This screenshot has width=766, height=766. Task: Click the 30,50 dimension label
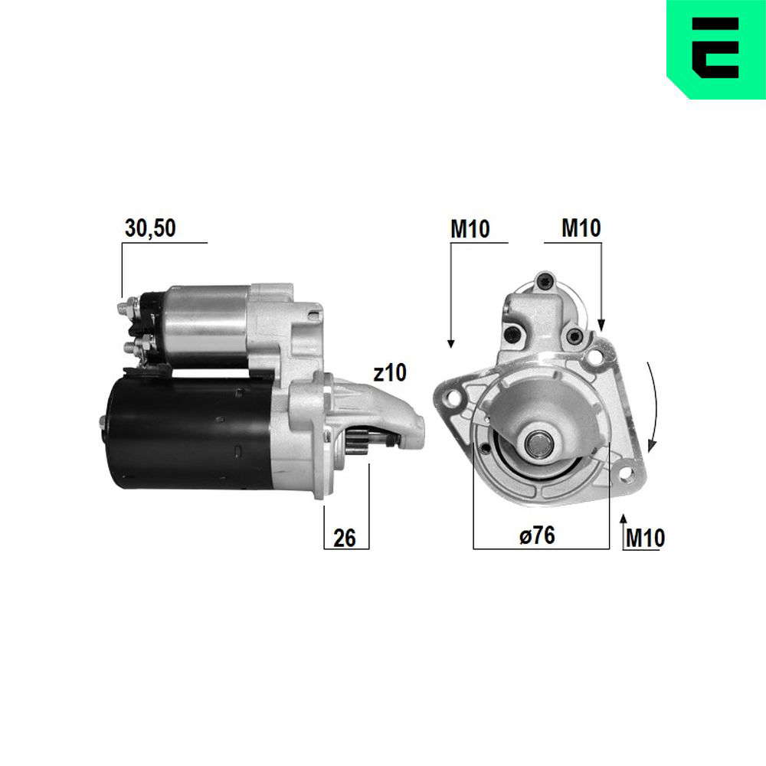tap(150, 228)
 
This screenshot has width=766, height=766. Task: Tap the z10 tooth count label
tap(389, 373)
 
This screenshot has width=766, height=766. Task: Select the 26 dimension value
tap(345, 538)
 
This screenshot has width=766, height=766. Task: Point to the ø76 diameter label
tap(537, 535)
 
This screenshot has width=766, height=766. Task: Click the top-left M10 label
tap(470, 228)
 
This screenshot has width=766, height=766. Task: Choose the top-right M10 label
tap(581, 228)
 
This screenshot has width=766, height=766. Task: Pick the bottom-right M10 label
tap(645, 538)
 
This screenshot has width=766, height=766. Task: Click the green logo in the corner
tap(716, 49)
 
